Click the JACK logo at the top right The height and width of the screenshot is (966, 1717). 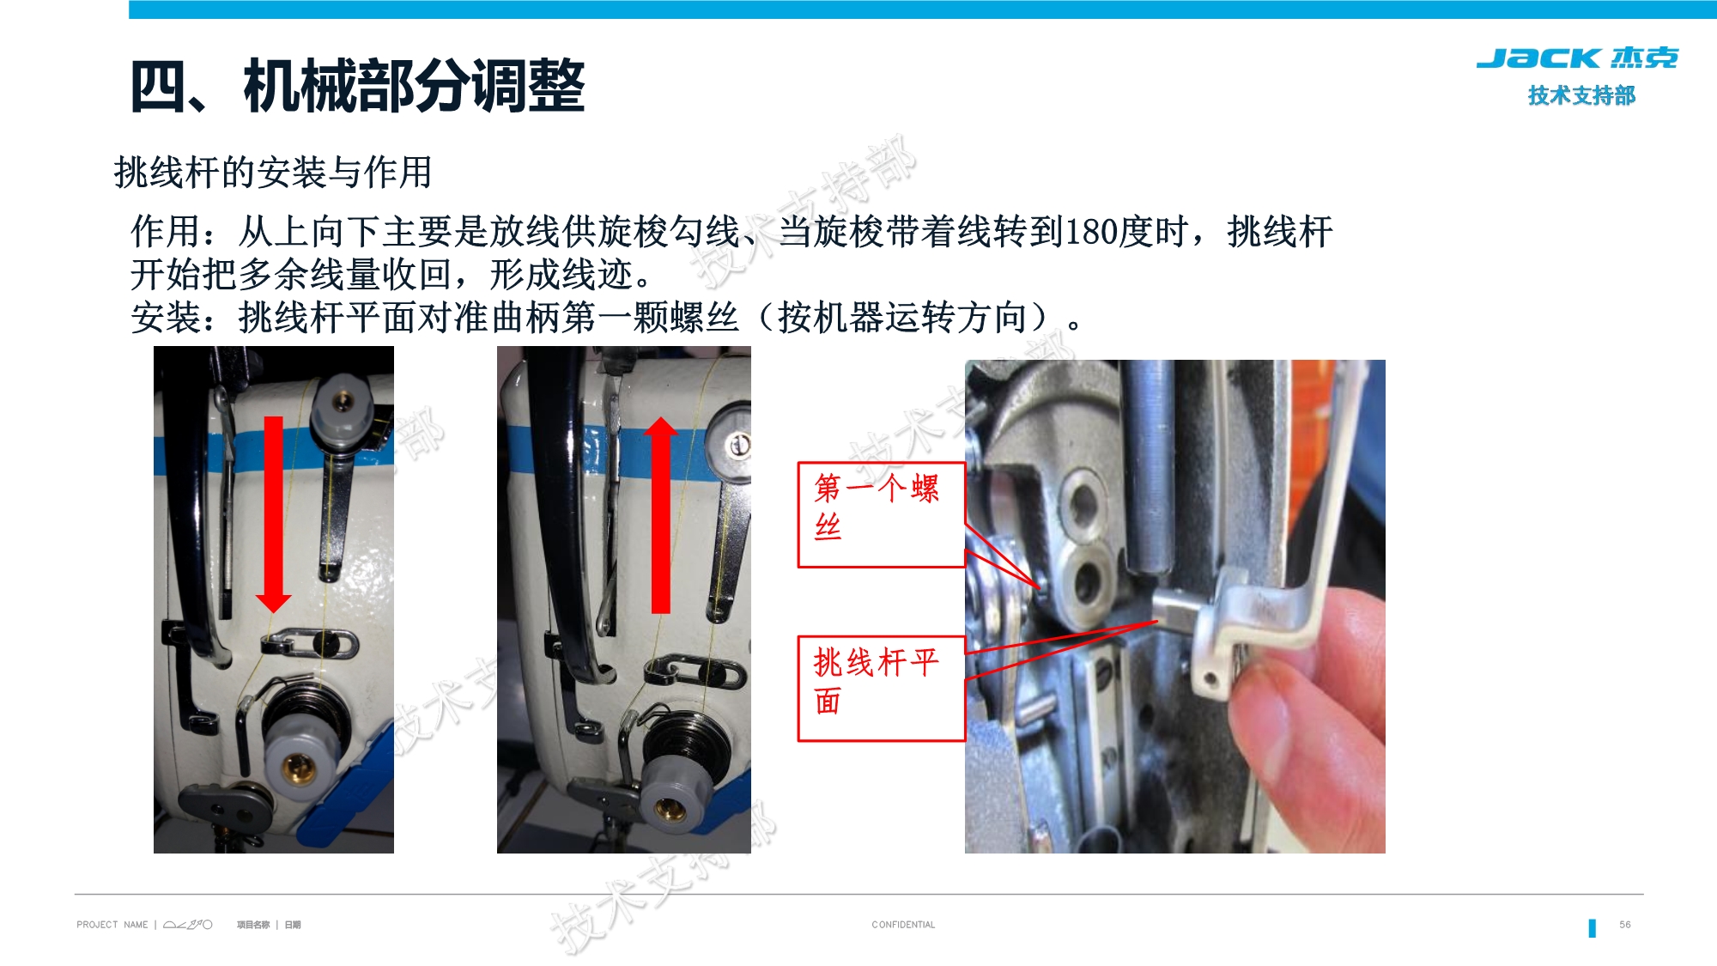click(1576, 58)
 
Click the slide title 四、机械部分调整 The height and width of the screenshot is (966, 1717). click(357, 87)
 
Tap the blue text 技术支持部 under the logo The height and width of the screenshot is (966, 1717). click(1581, 95)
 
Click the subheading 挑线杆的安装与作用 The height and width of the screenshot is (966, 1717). click(272, 172)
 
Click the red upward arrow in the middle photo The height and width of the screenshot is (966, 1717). click(660, 515)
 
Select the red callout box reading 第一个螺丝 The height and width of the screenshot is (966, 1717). click(881, 514)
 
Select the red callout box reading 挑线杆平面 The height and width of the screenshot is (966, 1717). click(881, 688)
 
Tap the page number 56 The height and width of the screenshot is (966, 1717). click(1624, 925)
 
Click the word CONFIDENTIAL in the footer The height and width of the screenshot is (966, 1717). click(903, 925)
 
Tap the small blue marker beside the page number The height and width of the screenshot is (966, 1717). click(1592, 927)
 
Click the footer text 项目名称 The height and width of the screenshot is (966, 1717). click(252, 925)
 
